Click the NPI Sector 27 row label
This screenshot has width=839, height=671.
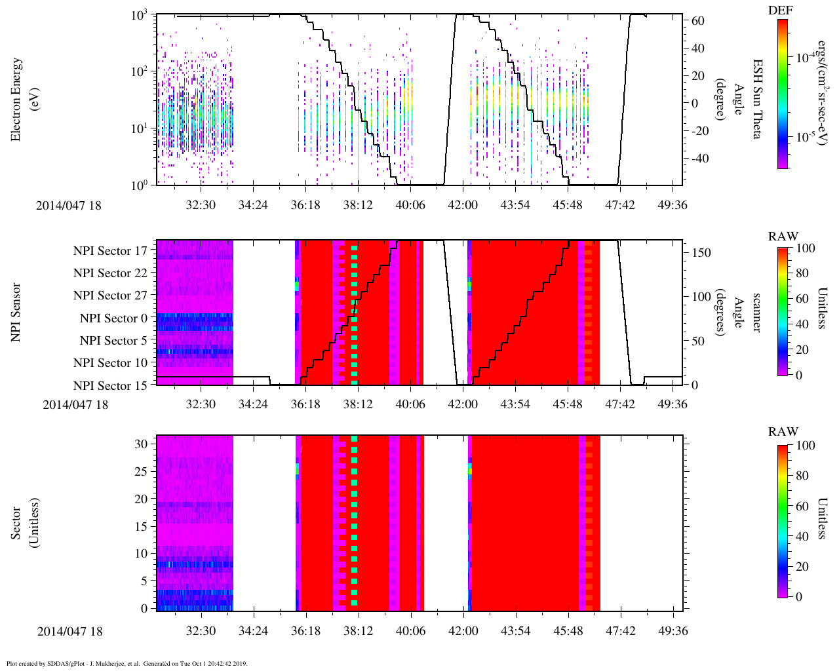click(110, 296)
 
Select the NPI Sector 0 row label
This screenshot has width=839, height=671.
click(113, 318)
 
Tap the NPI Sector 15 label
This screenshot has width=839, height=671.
click(110, 385)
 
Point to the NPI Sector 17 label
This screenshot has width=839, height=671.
click(110, 251)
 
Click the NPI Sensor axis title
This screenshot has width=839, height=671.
click(16, 312)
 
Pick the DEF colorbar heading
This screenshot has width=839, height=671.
click(782, 10)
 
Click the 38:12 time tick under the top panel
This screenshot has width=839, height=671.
click(357, 204)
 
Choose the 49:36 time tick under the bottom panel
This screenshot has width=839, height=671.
click(673, 631)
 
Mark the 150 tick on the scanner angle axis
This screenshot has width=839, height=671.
click(702, 252)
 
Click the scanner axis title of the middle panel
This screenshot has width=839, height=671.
click(756, 312)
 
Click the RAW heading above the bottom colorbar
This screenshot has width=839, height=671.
click(783, 432)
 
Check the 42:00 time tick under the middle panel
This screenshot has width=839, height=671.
click(462, 404)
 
